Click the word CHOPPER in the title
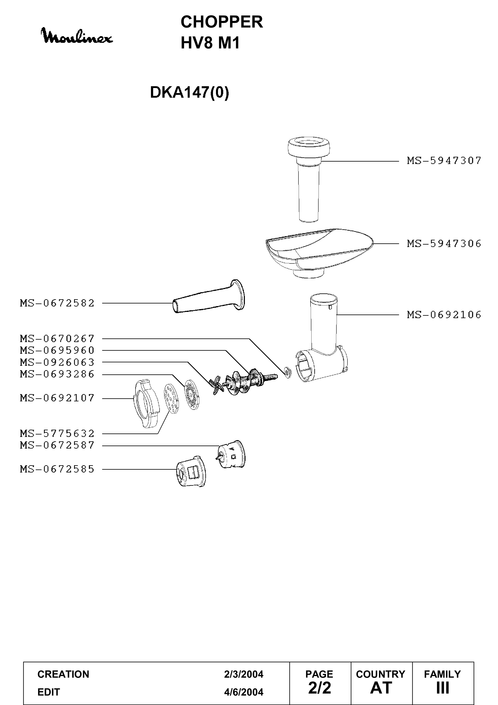222,22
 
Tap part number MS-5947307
444,161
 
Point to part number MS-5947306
444,244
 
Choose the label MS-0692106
444,315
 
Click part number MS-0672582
57,303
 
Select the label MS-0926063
57,362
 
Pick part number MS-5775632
57,433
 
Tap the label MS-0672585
57,469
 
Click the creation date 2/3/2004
243,674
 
